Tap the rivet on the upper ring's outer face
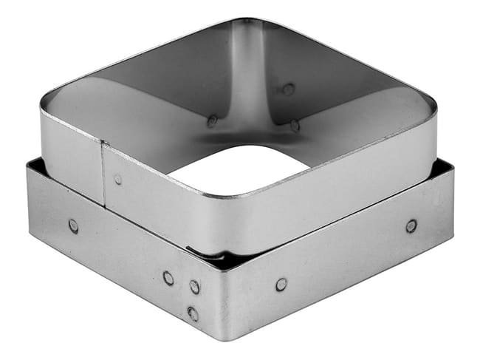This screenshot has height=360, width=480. pos(118,179)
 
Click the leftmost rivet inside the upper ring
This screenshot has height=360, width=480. pos(213,120)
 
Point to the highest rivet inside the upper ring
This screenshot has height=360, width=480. pos(288,89)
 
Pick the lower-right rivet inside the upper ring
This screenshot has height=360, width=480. pos(295,125)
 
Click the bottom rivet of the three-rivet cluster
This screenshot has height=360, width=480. pos(193,313)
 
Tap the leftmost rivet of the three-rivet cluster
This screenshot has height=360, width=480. pos(169,278)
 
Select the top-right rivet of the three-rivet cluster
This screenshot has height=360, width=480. pos(194,286)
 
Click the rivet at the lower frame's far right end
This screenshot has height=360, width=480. pos(411,225)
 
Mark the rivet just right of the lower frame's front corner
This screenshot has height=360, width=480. pos(281,284)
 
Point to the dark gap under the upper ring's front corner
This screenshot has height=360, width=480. pos(214,259)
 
